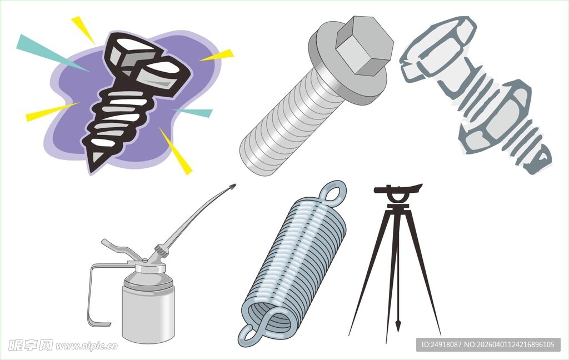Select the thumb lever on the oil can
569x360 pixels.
[x=121, y=249]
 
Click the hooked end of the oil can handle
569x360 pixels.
[x=98, y=323]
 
